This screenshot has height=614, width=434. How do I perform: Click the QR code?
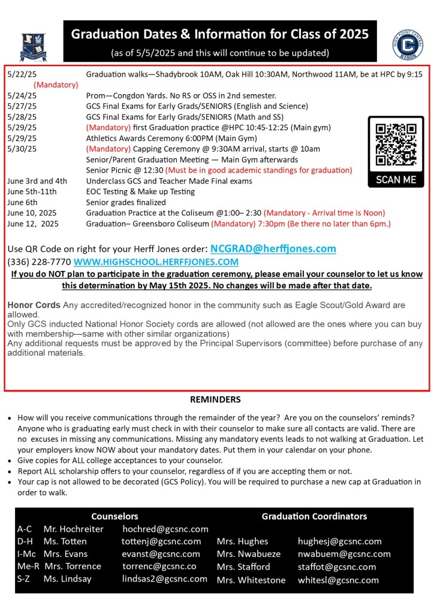coord(396,145)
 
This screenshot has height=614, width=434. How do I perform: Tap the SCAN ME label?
coord(396,179)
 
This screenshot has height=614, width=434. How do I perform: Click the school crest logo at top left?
coord(33,44)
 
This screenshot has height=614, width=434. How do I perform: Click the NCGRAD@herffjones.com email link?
coord(273,248)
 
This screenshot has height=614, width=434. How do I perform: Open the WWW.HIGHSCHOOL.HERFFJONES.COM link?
coord(156,262)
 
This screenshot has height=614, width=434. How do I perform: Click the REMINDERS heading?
coord(215,399)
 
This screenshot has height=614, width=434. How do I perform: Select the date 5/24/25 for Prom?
coord(22,95)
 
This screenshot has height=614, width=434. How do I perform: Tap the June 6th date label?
coord(23,202)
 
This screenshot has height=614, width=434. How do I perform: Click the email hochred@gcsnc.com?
coord(165,529)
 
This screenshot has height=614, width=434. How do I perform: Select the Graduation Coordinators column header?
coord(314,516)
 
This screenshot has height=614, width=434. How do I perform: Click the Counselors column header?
coord(114,516)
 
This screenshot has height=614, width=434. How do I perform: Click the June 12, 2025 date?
coord(33,224)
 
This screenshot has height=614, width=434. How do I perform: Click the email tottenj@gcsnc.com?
coord(161,541)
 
